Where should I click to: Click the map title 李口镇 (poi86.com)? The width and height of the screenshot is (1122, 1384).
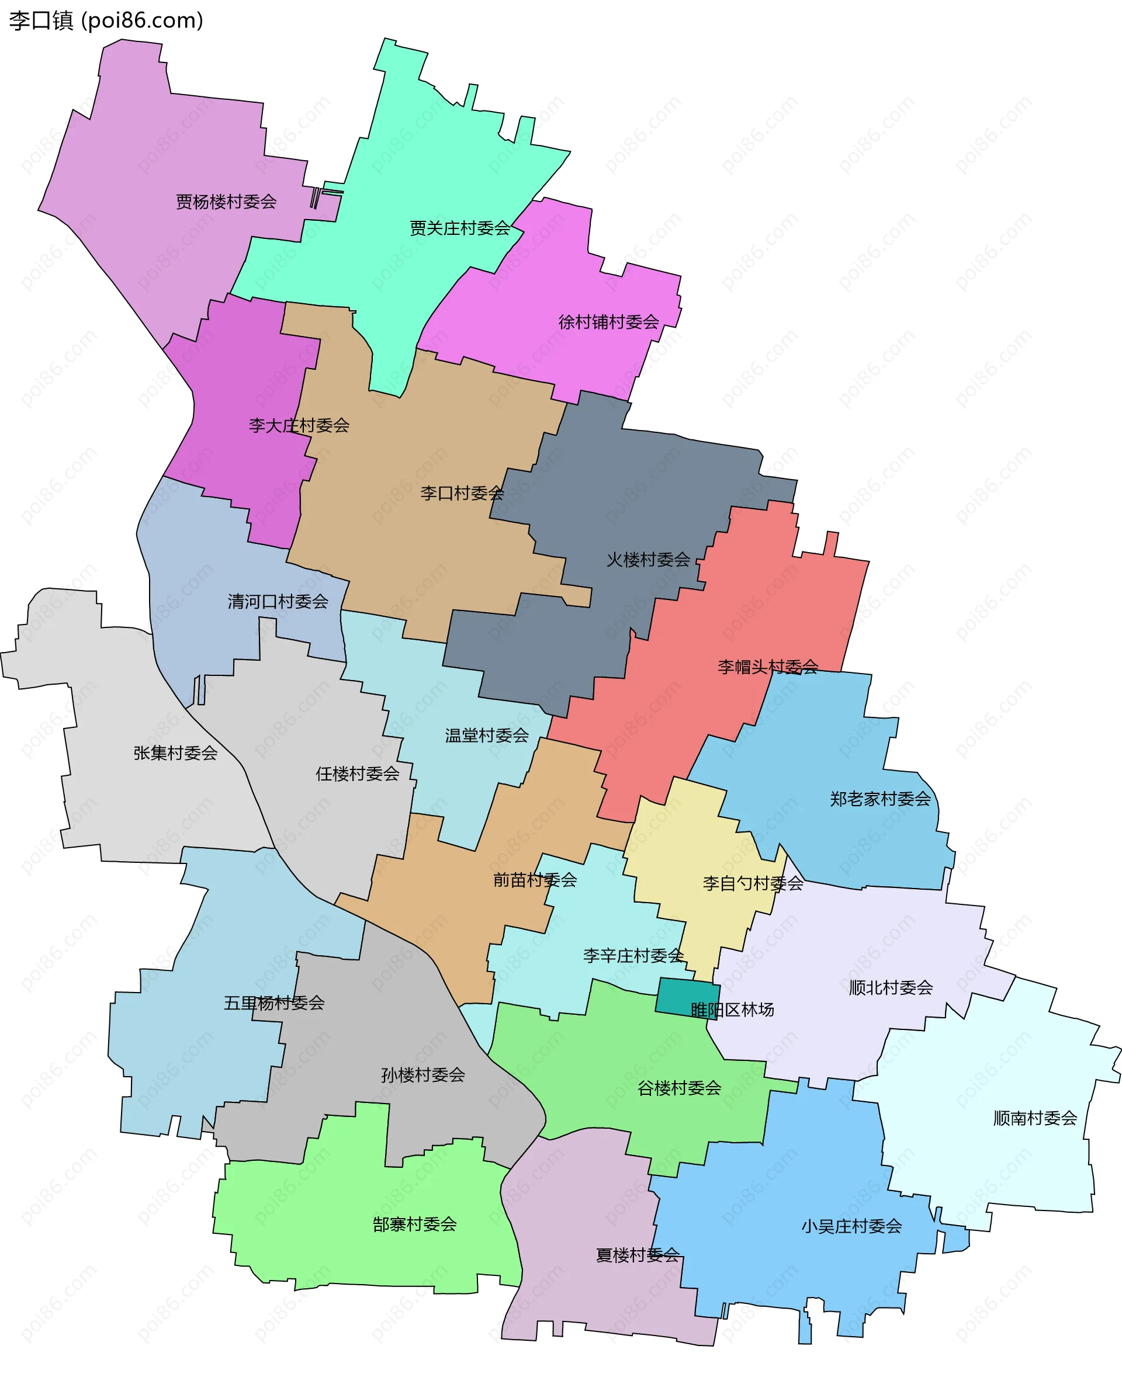tap(106, 20)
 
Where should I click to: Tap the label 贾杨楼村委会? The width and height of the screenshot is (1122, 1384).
tap(226, 202)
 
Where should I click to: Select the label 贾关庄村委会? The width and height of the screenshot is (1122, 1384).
tap(459, 228)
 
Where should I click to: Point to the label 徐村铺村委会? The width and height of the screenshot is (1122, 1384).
tap(608, 322)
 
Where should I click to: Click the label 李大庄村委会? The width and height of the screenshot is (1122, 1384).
tap(299, 425)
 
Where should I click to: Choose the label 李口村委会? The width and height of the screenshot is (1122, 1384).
tap(462, 493)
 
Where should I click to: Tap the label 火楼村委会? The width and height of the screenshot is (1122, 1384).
tap(647, 560)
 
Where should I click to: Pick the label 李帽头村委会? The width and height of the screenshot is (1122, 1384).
tap(767, 667)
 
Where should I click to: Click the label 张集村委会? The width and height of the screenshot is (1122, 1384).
tap(175, 752)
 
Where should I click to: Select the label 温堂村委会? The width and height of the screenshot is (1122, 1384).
tap(486, 736)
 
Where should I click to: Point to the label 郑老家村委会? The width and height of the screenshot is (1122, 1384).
tap(879, 799)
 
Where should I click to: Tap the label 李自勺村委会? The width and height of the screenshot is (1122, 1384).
tap(752, 883)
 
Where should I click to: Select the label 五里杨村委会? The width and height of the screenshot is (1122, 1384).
tap(273, 1003)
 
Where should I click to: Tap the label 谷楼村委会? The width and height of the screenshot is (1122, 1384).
tap(678, 1088)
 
